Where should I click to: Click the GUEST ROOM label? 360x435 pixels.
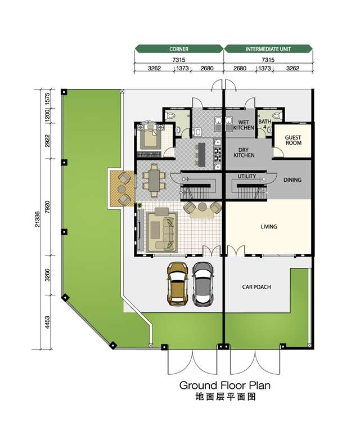(293, 140)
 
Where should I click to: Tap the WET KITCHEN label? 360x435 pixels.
(244, 125)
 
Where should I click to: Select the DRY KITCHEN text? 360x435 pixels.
(244, 153)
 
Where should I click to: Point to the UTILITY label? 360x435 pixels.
(246, 176)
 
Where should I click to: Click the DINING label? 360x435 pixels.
(292, 180)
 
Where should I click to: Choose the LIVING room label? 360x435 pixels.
(269, 227)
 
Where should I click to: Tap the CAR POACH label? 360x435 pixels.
(256, 287)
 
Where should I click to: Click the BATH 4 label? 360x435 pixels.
(264, 124)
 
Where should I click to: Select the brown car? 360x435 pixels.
(177, 284)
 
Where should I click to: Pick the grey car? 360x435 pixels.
(202, 284)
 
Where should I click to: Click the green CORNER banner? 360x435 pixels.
(179, 49)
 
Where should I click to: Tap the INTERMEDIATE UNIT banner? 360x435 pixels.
(268, 49)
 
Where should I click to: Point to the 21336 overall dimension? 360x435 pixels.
(38, 219)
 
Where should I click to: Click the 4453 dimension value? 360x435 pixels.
(47, 322)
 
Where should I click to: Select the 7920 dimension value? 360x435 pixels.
(47, 207)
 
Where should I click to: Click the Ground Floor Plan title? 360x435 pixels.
(224, 385)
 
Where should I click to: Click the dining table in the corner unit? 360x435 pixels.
(154, 180)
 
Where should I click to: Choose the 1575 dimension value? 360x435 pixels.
(47, 98)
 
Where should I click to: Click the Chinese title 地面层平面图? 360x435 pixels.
(225, 397)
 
